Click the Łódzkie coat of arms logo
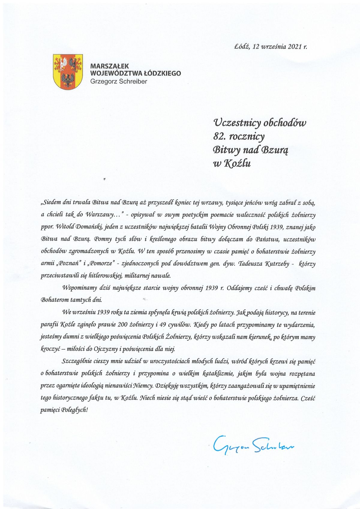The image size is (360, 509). [x=68, y=71]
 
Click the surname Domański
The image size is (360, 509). [x=89, y=227]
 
